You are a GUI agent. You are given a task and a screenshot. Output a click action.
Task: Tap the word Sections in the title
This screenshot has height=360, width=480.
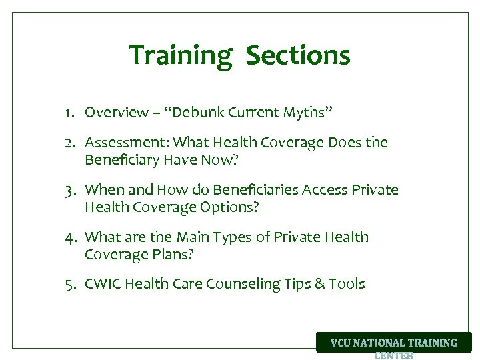297,55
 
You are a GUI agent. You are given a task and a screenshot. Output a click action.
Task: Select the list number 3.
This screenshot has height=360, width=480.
69,190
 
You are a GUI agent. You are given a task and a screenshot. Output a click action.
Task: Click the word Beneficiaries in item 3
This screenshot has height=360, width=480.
257,190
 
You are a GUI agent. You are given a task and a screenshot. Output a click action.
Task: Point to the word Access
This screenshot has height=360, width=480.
325,190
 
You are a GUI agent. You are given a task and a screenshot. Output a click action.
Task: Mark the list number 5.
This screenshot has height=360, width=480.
69,285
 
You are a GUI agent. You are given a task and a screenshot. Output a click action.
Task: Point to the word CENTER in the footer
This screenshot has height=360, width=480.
394,355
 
